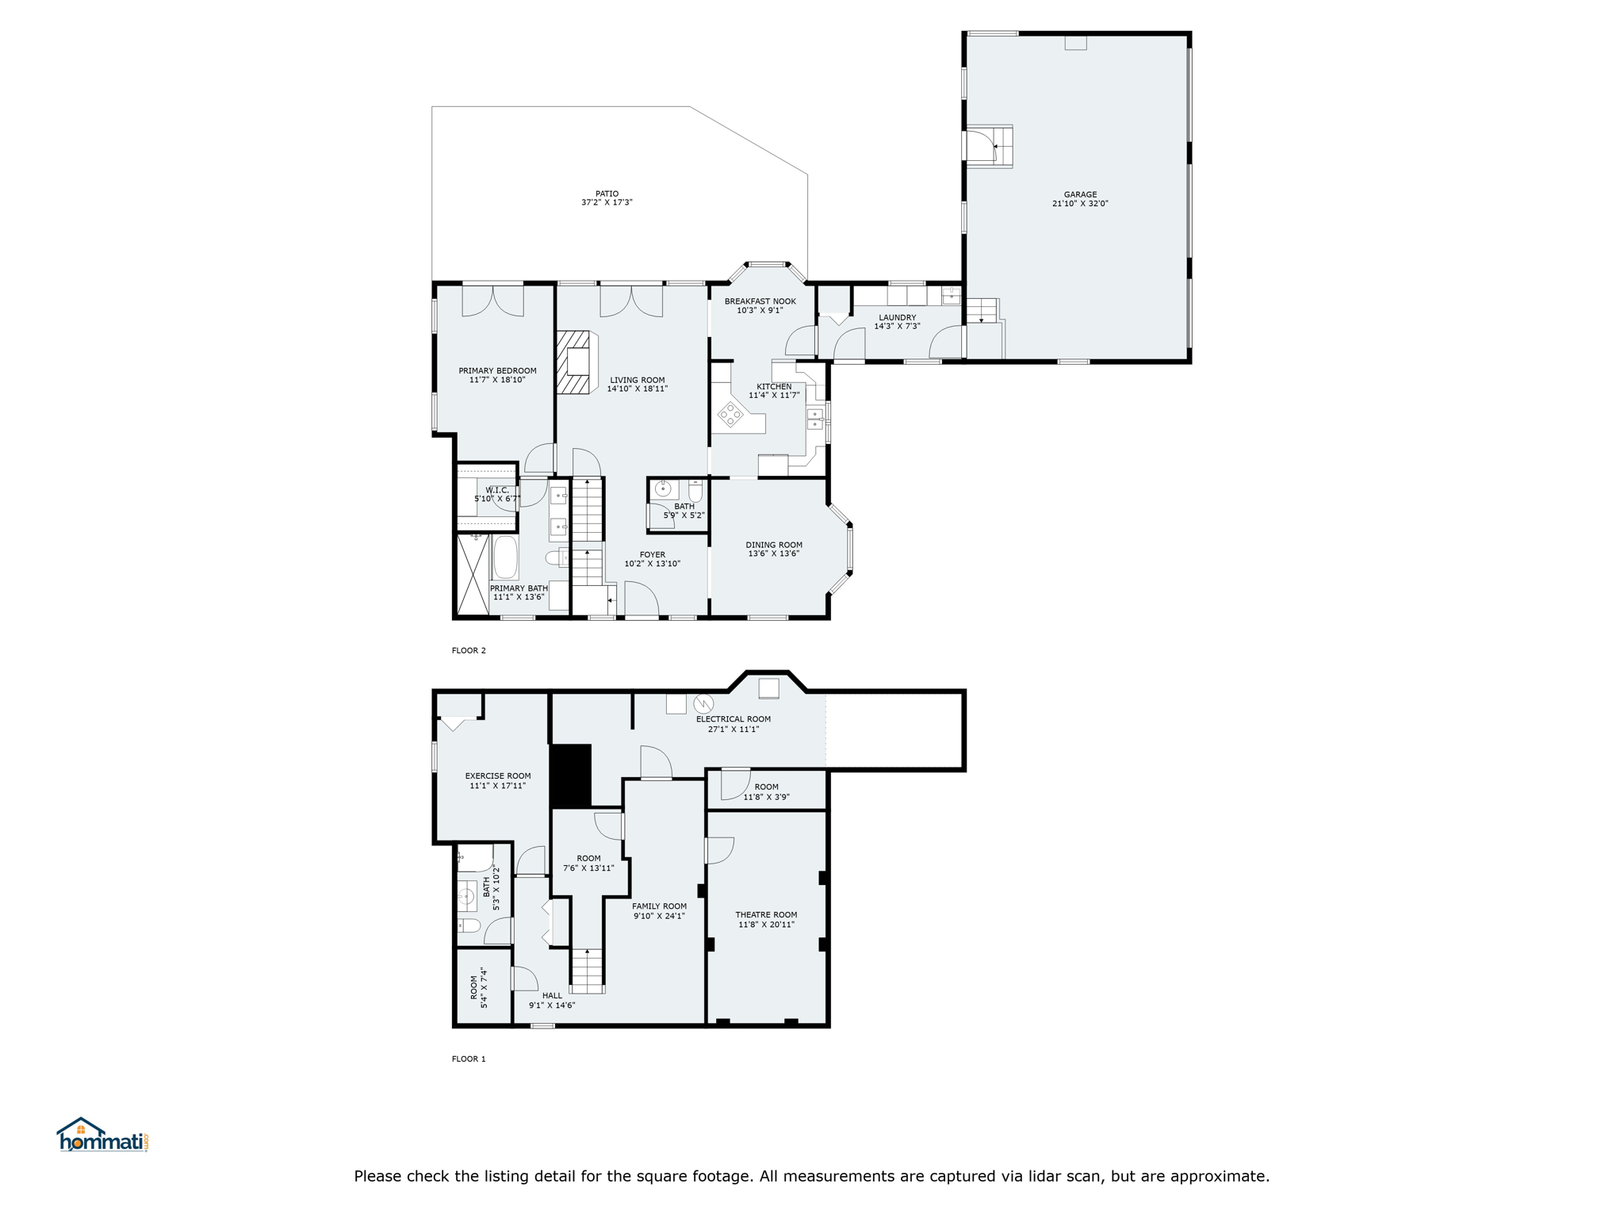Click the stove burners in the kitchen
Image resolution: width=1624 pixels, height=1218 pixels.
[730, 414]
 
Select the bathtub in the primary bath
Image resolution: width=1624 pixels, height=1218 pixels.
[505, 557]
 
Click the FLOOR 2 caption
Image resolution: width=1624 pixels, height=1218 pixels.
[469, 650]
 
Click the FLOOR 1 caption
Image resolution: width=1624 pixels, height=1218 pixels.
[469, 1059]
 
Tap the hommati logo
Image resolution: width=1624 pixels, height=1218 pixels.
[102, 1135]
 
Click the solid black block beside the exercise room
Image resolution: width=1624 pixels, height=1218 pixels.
[571, 776]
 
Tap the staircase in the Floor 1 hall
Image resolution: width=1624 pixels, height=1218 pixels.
[587, 971]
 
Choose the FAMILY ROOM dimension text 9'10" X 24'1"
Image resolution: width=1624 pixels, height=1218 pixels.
[659, 916]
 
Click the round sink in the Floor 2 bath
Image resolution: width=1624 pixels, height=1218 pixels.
[663, 489]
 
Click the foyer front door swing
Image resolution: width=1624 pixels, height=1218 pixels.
[642, 598]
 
